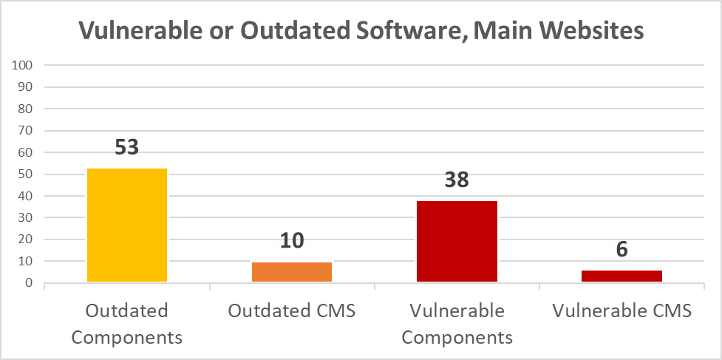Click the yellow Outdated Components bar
point(127,225)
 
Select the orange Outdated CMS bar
point(292,272)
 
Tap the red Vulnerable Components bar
point(457,241)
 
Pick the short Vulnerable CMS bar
point(621,276)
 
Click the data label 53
point(127,147)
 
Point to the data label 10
point(292,240)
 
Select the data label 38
point(457,180)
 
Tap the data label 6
point(621,249)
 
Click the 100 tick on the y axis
point(24,65)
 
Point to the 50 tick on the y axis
point(27,174)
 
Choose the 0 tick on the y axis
point(30,283)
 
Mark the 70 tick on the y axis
point(27,131)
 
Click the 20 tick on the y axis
point(27,240)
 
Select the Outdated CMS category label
point(292,310)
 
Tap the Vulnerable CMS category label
point(621,310)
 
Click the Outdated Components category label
point(127,324)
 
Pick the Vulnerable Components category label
point(457,324)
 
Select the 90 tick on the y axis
point(27,87)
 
